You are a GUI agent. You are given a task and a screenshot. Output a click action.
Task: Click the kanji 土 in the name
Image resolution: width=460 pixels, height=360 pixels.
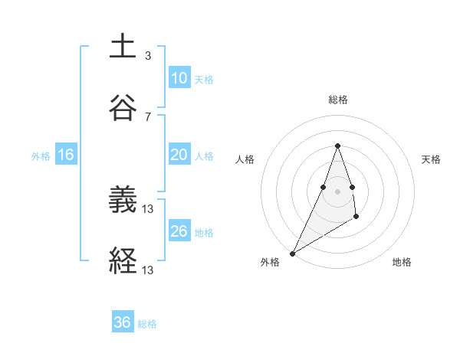[123, 47]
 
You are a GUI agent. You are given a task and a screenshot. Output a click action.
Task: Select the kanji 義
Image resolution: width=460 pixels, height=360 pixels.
[123, 201]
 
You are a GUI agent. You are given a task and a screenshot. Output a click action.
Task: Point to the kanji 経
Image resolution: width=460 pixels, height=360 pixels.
[123, 260]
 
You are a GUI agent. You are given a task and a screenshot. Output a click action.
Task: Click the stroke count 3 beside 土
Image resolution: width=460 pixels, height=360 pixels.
[148, 56]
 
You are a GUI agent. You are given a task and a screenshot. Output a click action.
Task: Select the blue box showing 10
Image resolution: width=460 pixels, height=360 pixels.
[179, 78]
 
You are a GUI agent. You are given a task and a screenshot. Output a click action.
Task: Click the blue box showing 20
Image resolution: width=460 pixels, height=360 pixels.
[179, 155]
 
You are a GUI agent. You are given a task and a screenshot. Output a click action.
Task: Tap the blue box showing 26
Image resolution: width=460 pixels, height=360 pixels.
[179, 231]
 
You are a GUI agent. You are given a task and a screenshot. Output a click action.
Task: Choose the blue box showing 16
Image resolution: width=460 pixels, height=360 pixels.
[66, 155]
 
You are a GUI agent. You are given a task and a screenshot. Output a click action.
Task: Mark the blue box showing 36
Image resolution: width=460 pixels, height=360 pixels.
[123, 322]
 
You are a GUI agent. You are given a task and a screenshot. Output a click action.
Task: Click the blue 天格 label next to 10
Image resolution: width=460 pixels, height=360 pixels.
[204, 79]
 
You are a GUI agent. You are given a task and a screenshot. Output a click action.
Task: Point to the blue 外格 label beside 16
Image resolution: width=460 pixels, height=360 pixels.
[41, 155]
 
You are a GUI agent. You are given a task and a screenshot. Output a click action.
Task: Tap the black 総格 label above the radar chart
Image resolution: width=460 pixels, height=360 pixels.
[338, 100]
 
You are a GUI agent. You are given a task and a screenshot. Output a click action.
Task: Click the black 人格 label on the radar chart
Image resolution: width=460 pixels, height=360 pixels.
[245, 159]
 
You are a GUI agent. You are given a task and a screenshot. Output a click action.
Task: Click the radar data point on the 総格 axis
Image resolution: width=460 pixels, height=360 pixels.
[338, 145]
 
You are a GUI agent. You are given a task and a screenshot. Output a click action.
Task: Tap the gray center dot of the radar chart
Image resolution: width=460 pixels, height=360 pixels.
[338, 191]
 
